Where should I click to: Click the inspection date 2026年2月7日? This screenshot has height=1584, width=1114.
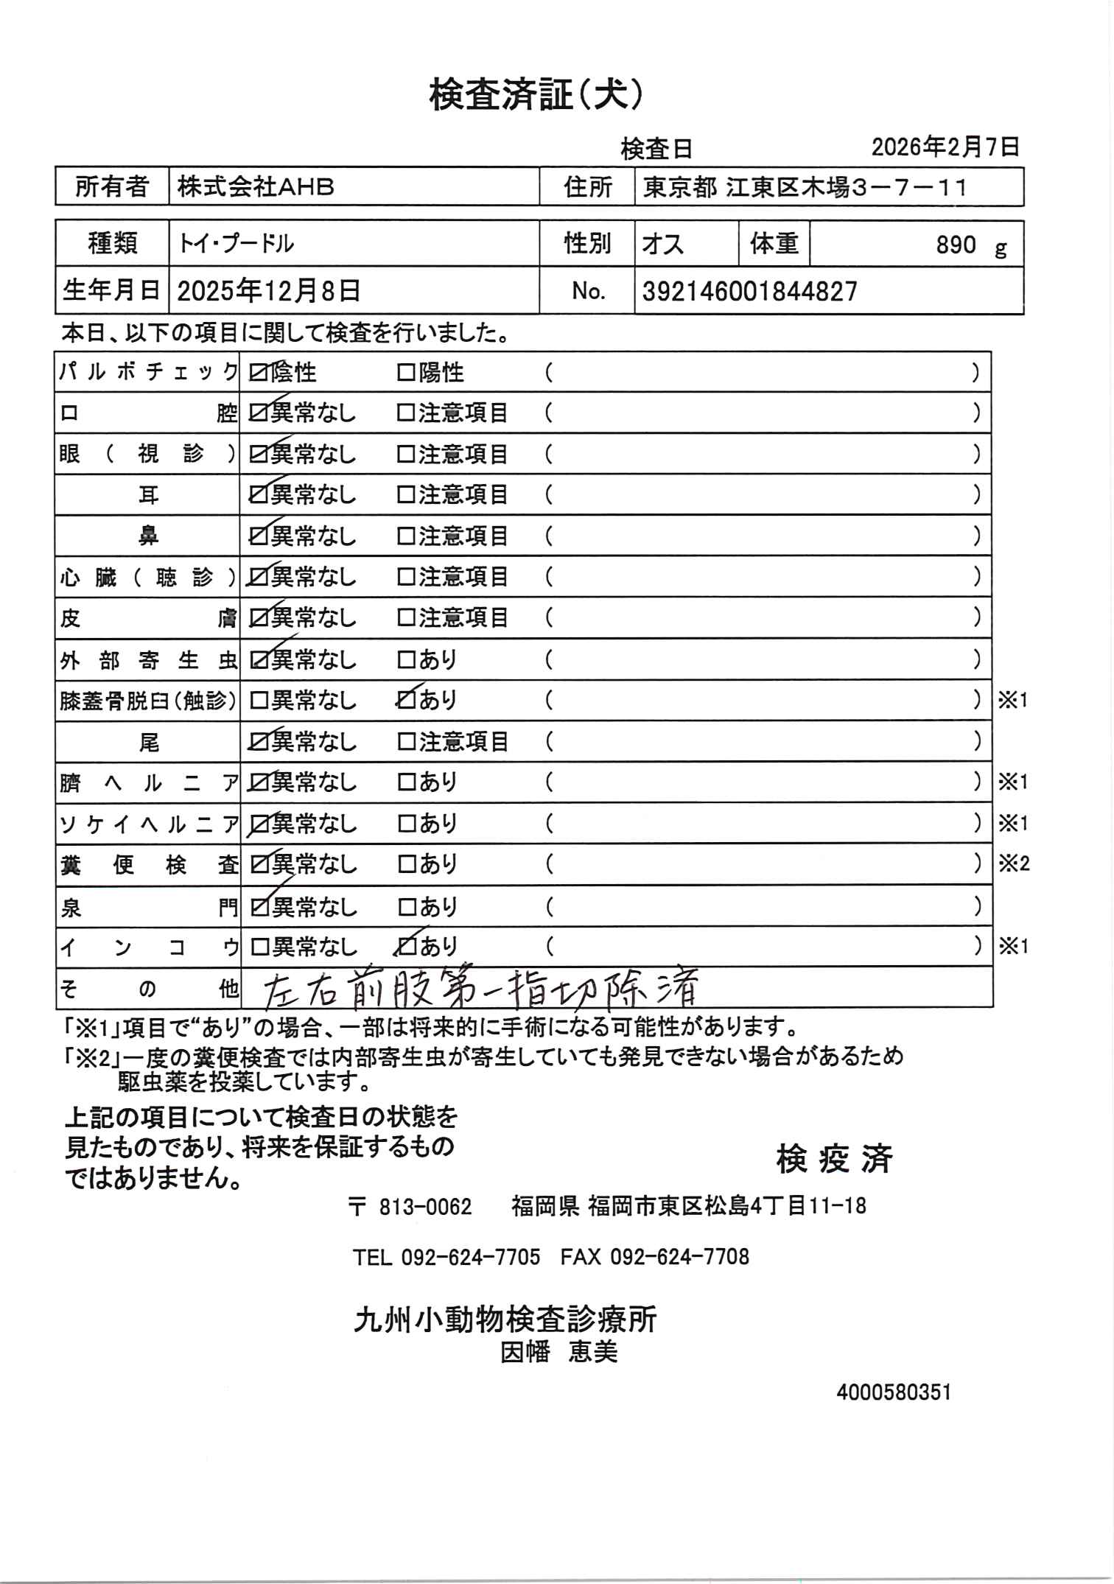945,147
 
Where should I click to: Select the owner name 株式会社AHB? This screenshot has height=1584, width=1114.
256,187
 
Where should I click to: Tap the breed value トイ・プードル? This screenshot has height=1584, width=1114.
235,243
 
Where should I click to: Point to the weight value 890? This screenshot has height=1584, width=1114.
956,245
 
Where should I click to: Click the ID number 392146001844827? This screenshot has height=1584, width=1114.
749,292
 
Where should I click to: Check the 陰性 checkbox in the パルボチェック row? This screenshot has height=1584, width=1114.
259,374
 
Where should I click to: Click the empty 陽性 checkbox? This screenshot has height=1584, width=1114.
406,374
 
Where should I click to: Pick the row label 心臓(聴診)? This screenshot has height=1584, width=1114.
147,578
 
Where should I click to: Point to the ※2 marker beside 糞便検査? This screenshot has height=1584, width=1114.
1013,863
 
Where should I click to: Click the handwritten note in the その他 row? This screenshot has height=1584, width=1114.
479,989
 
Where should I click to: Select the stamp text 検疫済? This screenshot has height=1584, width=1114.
834,1159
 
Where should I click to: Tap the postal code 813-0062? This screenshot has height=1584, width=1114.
425,1207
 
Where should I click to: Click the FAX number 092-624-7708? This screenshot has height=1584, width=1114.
679,1257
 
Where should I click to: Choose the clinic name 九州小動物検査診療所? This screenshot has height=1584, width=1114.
505,1320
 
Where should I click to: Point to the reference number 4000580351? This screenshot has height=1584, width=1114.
894,1392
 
